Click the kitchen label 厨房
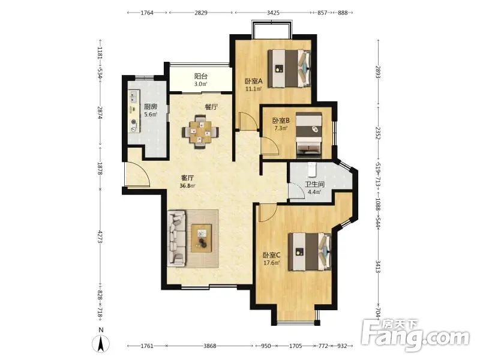[151, 107]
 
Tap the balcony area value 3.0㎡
[201, 84]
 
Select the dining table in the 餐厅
[200, 132]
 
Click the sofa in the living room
[177, 237]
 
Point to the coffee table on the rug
[202, 238]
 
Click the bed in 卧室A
[289, 69]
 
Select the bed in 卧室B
[309, 136]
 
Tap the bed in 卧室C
[310, 251]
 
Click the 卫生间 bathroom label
[314, 184]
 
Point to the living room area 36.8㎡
[188, 185]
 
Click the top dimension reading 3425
[273, 13]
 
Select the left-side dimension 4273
[100, 237]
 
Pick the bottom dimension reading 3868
[209, 346]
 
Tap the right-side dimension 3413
[379, 266]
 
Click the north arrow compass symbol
[101, 341]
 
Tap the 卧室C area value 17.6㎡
[271, 263]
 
